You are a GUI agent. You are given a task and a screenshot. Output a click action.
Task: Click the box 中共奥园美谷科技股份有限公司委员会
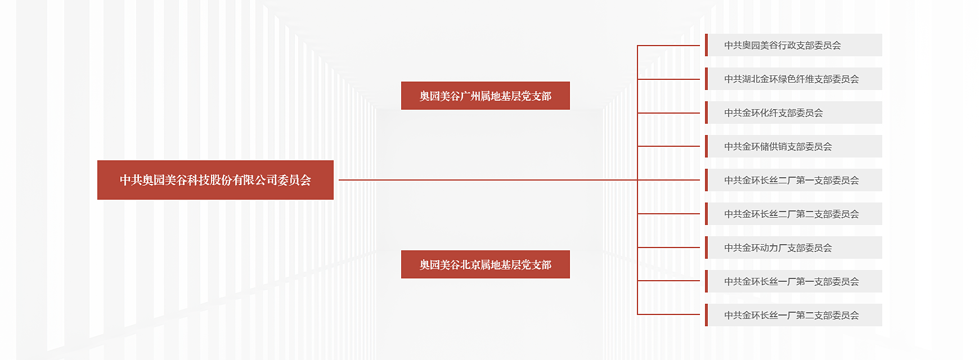[215, 180]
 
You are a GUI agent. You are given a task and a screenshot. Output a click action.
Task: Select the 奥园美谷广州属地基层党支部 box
[485, 96]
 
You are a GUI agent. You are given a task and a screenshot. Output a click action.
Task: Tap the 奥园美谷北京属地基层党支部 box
[485, 264]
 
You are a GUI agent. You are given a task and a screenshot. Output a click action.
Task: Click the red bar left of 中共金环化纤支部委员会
[706, 112]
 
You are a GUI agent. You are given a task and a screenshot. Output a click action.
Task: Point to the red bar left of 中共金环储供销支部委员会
[706, 146]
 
